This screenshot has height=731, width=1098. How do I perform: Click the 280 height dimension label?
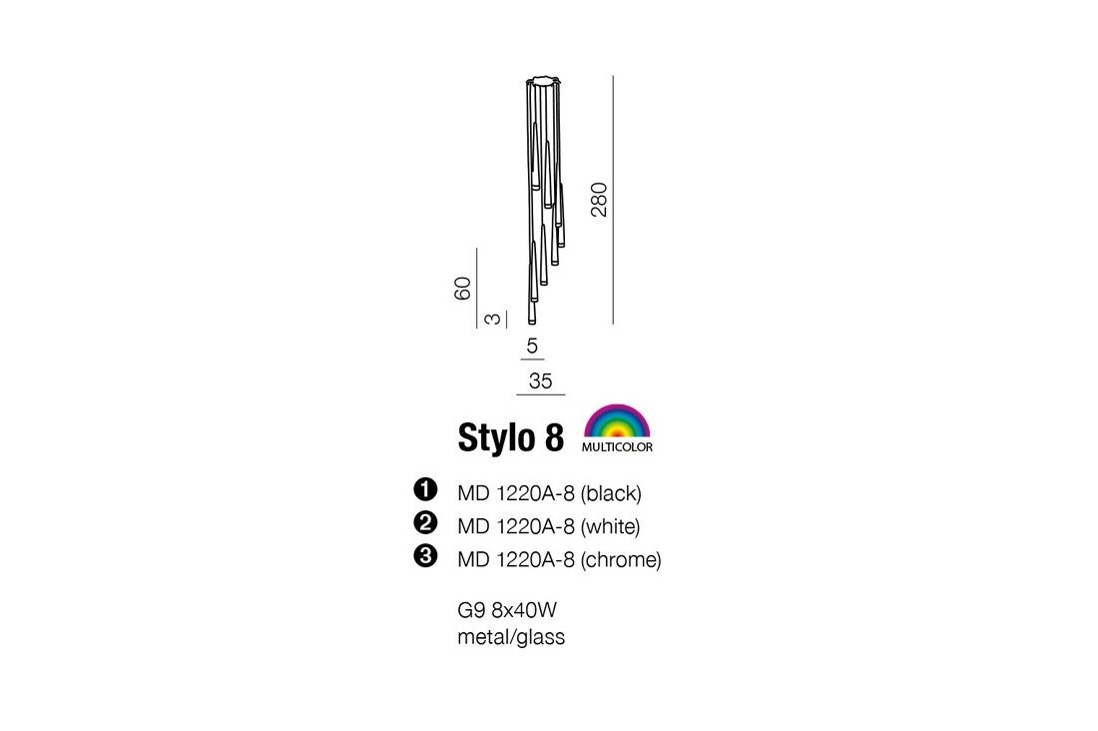599,200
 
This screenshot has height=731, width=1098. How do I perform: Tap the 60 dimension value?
463,289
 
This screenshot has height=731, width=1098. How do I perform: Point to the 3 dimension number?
493,319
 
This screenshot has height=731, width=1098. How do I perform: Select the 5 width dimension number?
532,346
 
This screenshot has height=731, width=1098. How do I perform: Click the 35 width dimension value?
541,380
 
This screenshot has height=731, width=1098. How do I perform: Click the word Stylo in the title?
495,437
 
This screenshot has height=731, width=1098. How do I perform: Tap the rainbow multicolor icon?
617,421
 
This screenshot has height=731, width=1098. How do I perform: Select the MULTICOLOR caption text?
617,447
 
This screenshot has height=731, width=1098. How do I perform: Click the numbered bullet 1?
426,488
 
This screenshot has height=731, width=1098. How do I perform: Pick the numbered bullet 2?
426,522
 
